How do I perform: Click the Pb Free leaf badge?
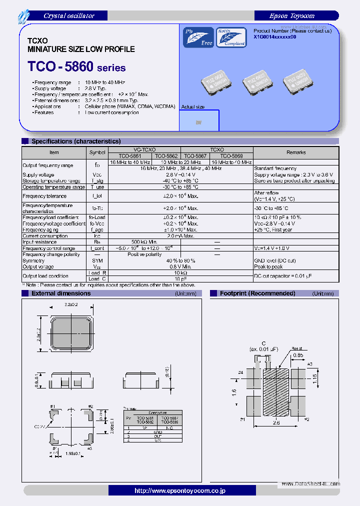[198, 37]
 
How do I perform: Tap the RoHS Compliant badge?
[230, 37]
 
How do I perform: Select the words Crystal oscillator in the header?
[69, 16]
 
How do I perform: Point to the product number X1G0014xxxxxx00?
[275, 36]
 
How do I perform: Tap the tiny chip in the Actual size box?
[198, 122]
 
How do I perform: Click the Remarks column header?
[296, 152]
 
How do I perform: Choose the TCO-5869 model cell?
[231, 155]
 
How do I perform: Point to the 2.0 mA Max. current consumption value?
[180, 236]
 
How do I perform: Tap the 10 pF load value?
[180, 278]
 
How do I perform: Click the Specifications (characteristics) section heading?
[75, 141]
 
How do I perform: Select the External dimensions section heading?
[61, 293]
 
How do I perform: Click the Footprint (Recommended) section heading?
[257, 293]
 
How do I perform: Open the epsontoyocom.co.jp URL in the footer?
[180, 491]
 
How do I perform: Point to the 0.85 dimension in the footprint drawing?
[297, 355]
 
